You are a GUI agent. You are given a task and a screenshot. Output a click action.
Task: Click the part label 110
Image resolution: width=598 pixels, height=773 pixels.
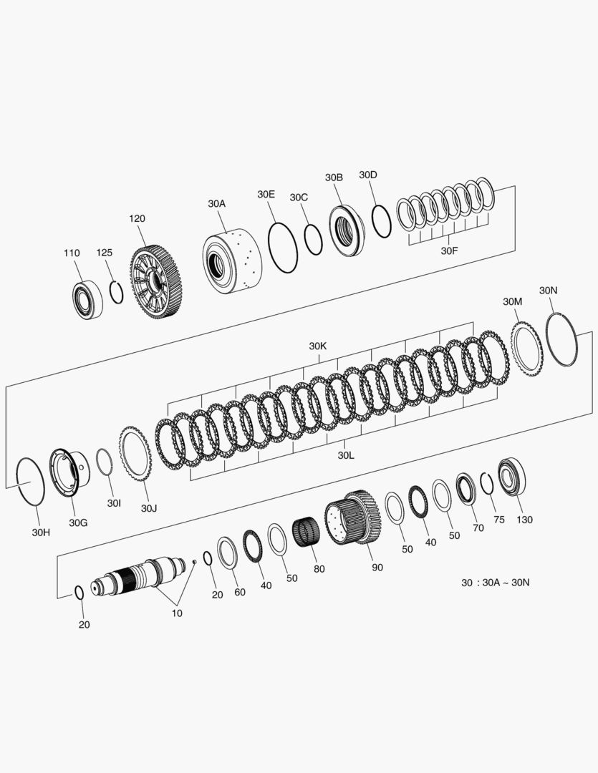(x=72, y=253)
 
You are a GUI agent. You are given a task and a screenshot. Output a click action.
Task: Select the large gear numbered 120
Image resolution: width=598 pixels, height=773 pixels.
(x=153, y=283)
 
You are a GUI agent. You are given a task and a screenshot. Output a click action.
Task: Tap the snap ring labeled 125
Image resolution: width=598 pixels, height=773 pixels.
(x=117, y=292)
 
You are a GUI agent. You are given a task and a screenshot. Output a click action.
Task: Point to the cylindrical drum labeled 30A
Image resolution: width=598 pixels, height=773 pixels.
(x=232, y=261)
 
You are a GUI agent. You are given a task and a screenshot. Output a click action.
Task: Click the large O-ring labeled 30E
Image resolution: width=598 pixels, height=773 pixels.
(x=283, y=248)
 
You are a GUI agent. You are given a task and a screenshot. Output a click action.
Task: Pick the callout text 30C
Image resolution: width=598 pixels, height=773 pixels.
(x=299, y=198)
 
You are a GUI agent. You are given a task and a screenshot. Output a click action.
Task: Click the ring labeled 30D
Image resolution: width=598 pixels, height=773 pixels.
(x=381, y=221)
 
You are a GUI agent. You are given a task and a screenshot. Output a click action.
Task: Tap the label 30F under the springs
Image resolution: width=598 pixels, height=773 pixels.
(x=449, y=251)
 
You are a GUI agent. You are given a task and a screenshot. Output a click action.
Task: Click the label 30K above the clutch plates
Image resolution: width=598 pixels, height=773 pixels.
(x=318, y=346)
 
